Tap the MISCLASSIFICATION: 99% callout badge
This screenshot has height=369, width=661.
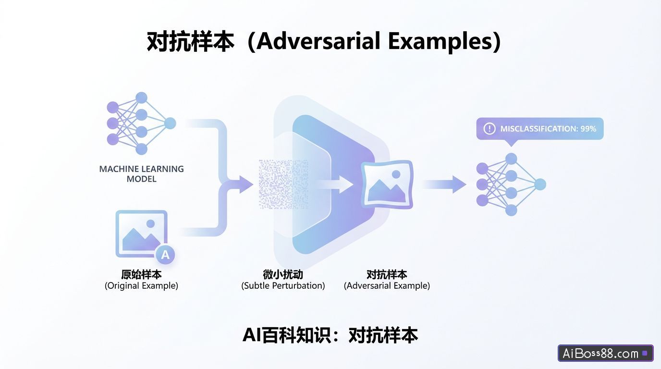[539, 129]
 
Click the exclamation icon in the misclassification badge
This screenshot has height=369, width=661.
[489, 129]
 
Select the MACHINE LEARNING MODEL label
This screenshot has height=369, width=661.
[141, 174]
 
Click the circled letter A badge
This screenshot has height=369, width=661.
[165, 255]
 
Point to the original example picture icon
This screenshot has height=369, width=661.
[141, 234]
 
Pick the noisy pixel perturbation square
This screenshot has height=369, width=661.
[283, 184]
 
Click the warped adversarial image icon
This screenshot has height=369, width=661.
[387, 184]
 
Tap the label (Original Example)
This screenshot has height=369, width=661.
[141, 286]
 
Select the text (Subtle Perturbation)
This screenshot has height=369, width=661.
[283, 286]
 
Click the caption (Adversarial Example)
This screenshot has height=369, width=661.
[387, 286]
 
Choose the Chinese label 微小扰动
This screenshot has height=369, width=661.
[283, 274]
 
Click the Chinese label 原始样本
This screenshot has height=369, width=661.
[141, 274]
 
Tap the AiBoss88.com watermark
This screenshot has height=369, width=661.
[605, 354]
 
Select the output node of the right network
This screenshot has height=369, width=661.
[540, 184]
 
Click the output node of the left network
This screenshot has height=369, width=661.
[170, 123]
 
